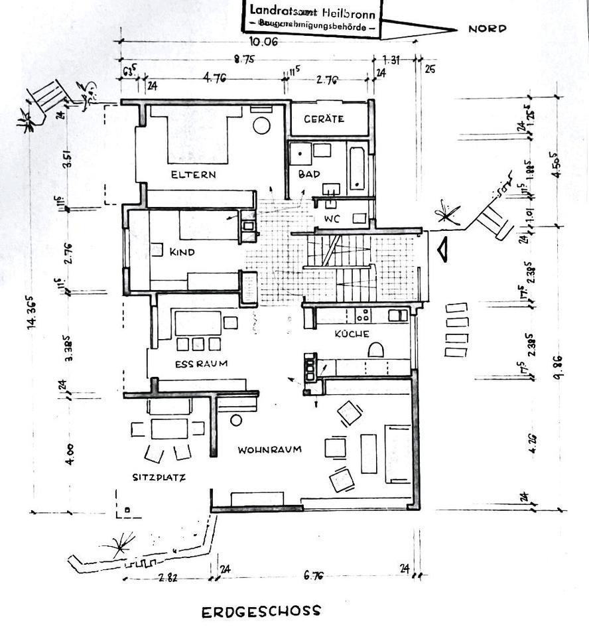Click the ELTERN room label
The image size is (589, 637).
coord(193,175)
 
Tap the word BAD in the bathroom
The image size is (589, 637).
coord(309,175)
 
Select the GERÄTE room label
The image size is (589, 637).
coord(324,119)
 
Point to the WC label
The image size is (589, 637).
coord(332,218)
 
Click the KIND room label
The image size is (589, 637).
coord(182,252)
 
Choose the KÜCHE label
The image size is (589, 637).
coord(352,334)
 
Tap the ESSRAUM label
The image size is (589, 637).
coord(201,364)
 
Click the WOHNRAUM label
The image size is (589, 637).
coord(269,449)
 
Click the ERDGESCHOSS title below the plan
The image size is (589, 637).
coord(260,611)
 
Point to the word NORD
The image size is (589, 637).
coord(487,29)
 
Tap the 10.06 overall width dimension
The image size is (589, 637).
coord(263,41)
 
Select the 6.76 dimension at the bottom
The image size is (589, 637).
coord(314,575)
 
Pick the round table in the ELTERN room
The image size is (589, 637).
coord(262,125)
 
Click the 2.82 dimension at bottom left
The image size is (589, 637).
coord(168,577)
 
